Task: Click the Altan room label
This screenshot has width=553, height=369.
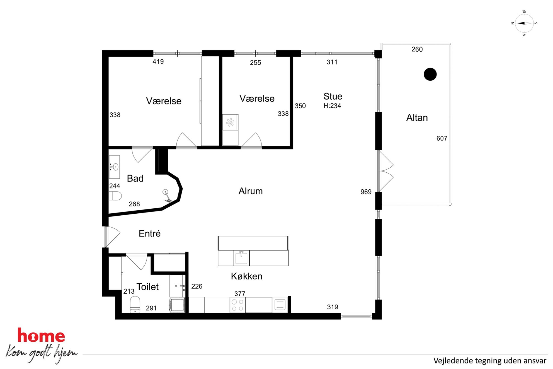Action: point(417,118)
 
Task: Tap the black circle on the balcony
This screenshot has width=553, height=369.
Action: point(430,74)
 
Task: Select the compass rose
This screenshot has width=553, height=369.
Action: point(524,23)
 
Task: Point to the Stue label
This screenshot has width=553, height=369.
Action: point(333,96)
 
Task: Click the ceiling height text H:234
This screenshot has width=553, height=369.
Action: point(332,106)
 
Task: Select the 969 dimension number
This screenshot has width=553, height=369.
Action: point(366,192)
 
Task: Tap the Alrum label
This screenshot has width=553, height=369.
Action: point(251,191)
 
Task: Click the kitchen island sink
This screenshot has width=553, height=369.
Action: point(241,258)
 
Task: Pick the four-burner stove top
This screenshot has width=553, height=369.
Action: point(237,305)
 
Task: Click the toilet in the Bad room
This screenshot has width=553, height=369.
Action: point(115,196)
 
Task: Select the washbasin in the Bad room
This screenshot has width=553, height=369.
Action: point(114,167)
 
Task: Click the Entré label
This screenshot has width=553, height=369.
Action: point(150,233)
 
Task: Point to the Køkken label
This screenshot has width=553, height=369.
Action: point(247,276)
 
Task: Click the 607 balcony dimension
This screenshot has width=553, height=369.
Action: point(442,138)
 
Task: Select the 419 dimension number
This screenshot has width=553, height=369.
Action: point(158,62)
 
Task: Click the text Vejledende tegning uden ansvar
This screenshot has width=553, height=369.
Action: point(490,361)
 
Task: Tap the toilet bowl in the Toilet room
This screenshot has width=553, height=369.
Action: point(135,305)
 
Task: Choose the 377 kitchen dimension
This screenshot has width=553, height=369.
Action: point(240,294)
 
